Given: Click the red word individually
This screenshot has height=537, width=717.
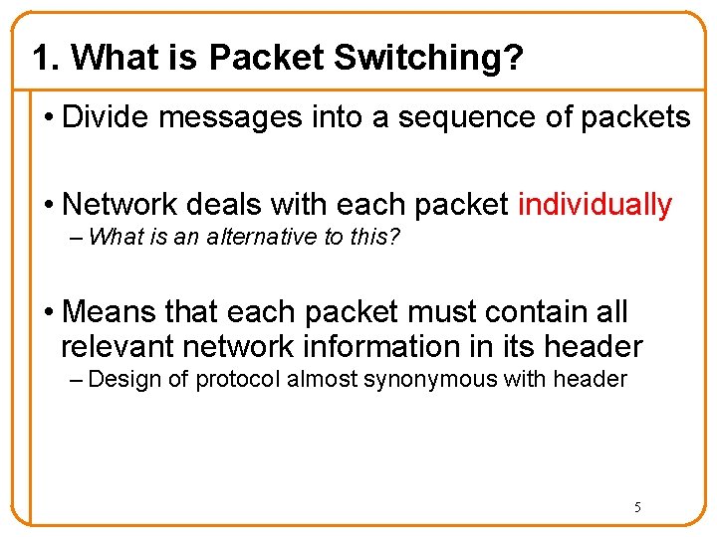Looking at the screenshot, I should click(x=596, y=205).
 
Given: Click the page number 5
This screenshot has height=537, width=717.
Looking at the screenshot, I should click(x=638, y=507).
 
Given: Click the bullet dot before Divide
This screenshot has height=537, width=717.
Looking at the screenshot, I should click(x=49, y=118).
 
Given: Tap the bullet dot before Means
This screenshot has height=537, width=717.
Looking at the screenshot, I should click(x=49, y=313).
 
